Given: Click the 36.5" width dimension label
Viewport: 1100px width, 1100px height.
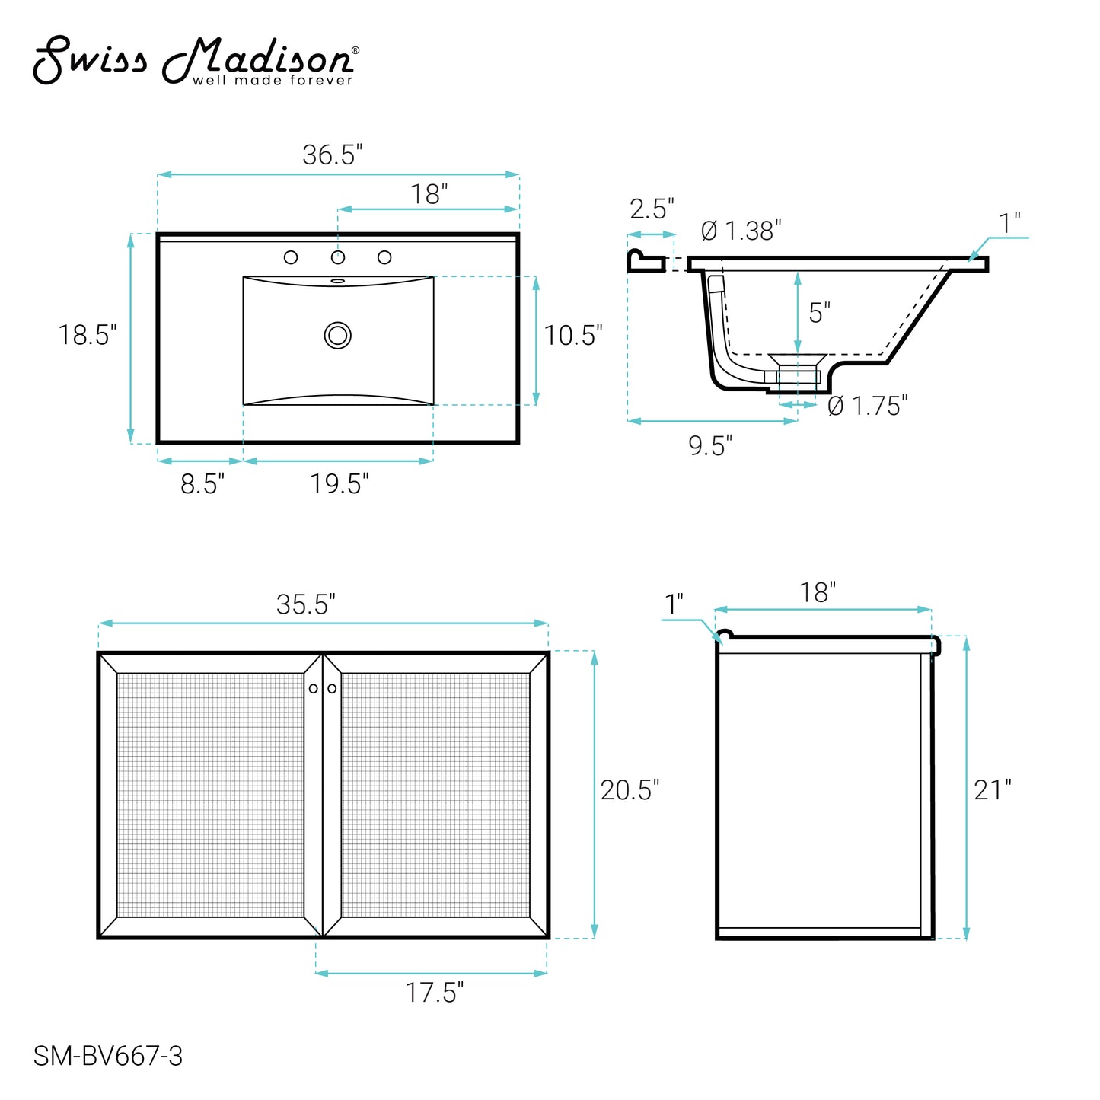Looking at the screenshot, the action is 332,155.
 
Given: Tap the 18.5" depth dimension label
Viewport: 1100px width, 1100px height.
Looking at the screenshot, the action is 88,335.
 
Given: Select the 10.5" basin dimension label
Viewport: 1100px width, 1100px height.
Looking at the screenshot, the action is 573,336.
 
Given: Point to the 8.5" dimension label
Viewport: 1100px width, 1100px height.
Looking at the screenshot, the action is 202,484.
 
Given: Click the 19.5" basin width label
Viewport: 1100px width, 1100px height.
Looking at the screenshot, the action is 339,484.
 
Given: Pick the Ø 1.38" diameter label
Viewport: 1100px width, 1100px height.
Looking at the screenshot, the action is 741,231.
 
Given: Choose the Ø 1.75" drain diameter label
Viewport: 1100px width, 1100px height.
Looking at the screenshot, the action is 867,406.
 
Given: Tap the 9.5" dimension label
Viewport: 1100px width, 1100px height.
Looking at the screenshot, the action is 710,446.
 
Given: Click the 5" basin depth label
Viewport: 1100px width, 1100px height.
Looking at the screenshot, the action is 819,313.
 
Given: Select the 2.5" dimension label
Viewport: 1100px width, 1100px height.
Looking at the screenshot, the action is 652,209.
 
